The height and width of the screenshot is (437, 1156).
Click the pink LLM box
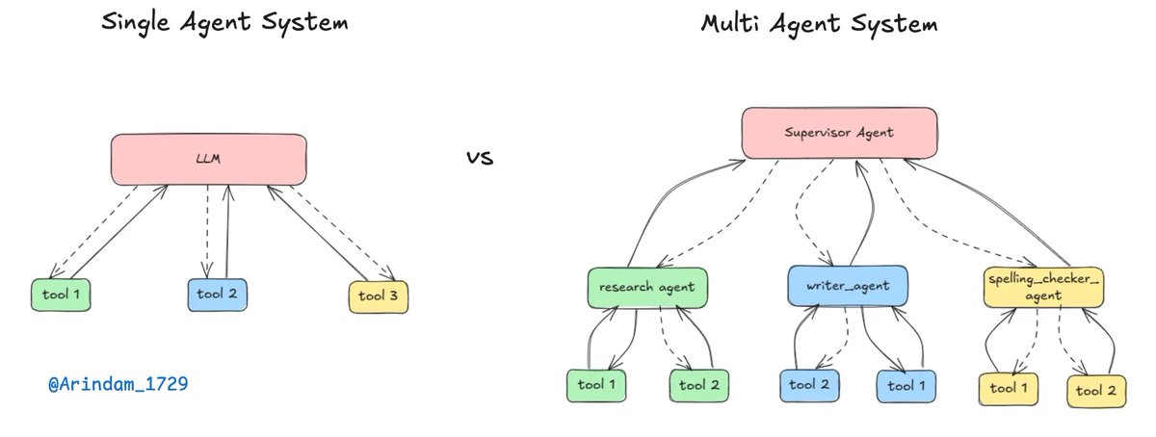point(208,159)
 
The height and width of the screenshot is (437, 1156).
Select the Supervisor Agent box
point(839,133)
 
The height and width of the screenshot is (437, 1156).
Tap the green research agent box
point(641,287)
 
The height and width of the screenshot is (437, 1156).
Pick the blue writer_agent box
point(846,286)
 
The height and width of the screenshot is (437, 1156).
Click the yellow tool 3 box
point(378,296)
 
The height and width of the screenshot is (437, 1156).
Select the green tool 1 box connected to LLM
point(61,295)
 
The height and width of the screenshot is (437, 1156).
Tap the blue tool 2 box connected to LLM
point(217,294)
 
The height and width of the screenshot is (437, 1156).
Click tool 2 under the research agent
point(699,385)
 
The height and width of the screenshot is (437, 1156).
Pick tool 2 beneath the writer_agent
point(809,385)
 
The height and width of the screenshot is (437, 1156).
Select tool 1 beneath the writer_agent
point(906,385)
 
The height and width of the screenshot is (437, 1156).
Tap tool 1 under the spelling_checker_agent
point(1009,388)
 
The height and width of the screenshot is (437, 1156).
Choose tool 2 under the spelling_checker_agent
point(1096,390)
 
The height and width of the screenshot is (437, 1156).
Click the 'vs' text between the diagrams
point(479,158)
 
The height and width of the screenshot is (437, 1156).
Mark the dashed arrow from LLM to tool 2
point(206,231)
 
